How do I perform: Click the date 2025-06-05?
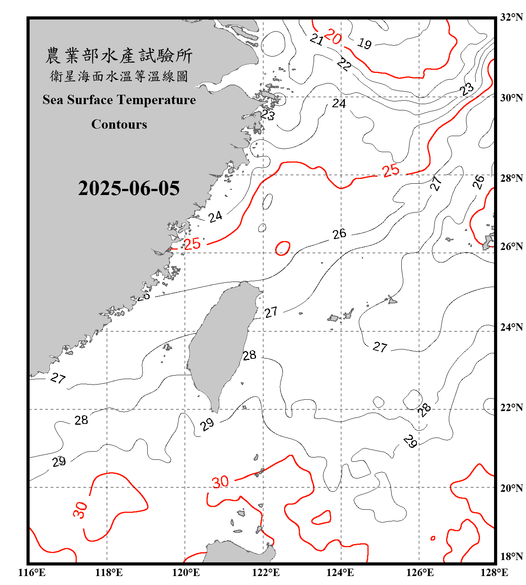[129, 188]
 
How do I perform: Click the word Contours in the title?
[119, 124]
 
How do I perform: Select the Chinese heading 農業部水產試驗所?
[119, 56]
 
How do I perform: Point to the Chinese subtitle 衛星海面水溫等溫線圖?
[119, 76]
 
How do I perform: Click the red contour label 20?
[333, 37]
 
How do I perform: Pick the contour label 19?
[365, 43]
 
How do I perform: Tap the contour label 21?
[317, 39]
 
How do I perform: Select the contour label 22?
[344, 64]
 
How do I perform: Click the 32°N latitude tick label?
[511, 17]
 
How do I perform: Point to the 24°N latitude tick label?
[511, 327]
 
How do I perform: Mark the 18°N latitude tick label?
[511, 556]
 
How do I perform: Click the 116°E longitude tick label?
[32, 573]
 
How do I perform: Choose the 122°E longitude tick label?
[266, 573]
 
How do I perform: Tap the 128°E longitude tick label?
[494, 573]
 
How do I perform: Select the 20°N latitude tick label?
[511, 488]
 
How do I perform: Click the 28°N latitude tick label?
[511, 178]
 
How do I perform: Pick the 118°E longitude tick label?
[109, 573]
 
